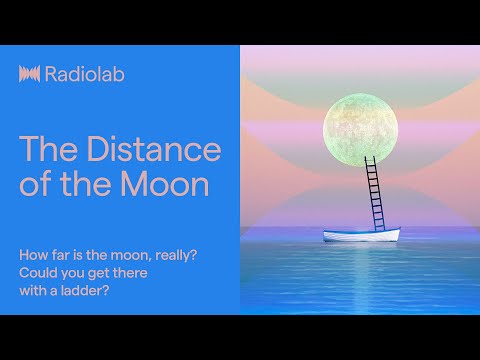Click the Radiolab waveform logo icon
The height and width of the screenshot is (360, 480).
[x=30, y=74]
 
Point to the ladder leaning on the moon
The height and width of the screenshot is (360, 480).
[x=377, y=192]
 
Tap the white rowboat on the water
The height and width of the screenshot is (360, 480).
[x=361, y=235]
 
